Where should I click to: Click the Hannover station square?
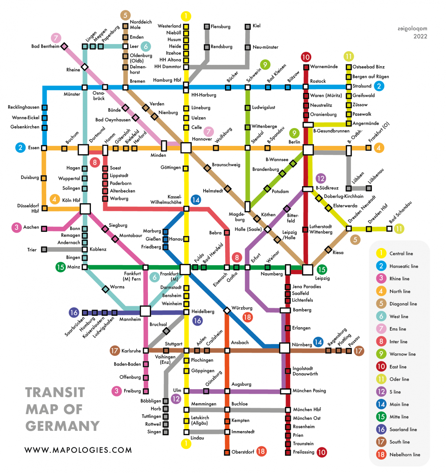click(x=186, y=148)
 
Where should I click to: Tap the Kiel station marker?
click(x=248, y=27)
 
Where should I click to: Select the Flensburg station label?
click(x=220, y=27)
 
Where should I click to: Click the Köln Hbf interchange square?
click(x=85, y=208)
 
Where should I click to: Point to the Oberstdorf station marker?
click(x=227, y=452)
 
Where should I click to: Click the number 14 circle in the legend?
click(x=381, y=404)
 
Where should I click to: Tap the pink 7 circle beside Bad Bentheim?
click(x=56, y=38)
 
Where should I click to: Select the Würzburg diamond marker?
click(x=227, y=310)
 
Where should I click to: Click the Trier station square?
click(x=44, y=249)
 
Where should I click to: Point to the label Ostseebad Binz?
click(x=368, y=67)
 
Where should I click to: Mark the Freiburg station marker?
click(x=146, y=391)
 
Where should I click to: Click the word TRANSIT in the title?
click(x=55, y=392)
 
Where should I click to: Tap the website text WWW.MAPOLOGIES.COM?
click(x=78, y=450)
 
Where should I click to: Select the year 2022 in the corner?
click(x=420, y=36)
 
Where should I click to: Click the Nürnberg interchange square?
click(x=284, y=348)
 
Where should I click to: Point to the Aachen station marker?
click(x=44, y=228)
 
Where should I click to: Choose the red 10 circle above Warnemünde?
click(x=306, y=57)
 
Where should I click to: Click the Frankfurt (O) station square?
click(x=368, y=148)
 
